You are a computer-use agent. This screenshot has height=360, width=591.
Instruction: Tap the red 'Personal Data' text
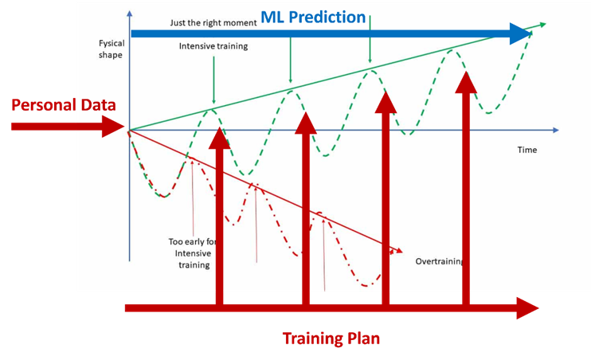coord(64,105)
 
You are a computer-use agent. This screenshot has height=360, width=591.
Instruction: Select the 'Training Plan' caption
coord(331,338)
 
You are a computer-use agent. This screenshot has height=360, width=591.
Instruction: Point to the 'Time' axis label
coord(526,150)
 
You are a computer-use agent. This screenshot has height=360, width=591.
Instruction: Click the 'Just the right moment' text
coord(213,22)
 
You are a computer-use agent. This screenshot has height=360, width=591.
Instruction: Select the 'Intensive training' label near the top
coord(213,46)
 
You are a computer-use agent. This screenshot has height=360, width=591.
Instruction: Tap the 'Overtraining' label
coord(439,261)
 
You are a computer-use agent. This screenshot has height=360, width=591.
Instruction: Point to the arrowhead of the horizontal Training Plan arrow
coord(529,308)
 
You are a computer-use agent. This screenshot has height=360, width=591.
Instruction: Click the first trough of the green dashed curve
coord(163,196)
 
